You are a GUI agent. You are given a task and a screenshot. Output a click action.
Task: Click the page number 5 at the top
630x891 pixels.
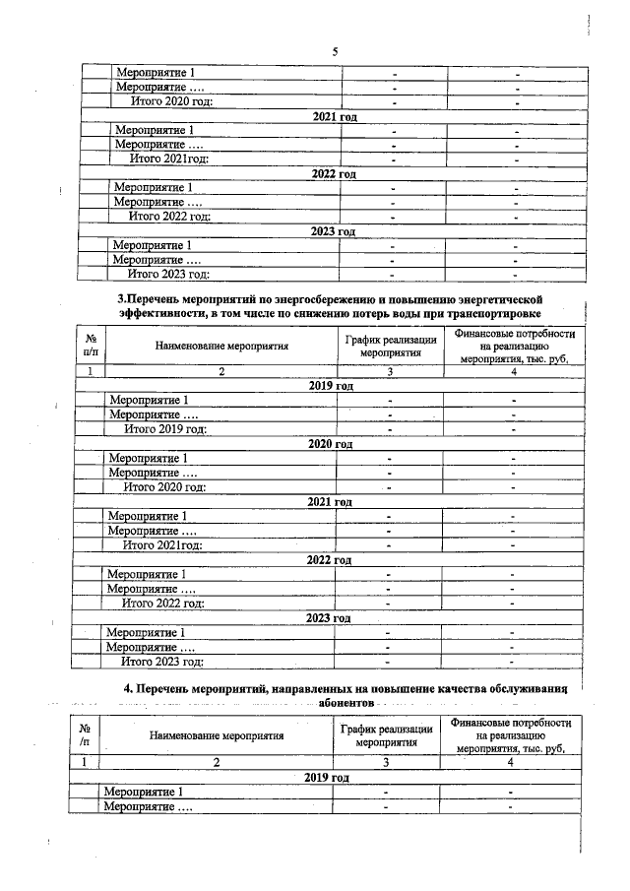334,52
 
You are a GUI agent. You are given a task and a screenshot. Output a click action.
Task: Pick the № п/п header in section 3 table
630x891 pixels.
91,343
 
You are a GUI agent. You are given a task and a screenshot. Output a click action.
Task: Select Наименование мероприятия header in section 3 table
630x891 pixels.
221,346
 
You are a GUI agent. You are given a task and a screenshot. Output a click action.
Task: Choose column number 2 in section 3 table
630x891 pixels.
221,371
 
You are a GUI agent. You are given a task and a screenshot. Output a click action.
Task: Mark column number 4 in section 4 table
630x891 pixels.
510,761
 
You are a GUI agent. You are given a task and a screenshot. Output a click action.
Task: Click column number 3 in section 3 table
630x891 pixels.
391,371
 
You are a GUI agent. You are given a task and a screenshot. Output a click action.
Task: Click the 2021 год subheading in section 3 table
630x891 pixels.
330,502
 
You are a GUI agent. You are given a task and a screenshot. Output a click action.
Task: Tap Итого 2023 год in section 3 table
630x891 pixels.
161,662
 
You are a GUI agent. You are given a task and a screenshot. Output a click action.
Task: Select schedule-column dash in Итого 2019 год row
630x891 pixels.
391,428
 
